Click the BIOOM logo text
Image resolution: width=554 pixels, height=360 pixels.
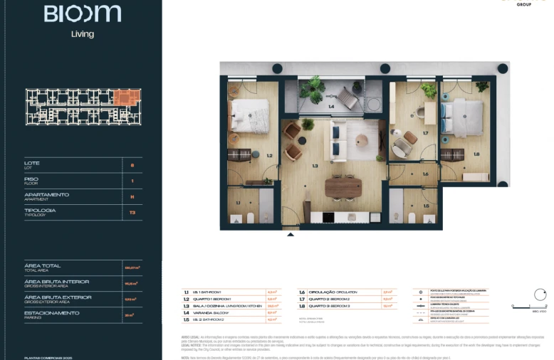click(82, 14)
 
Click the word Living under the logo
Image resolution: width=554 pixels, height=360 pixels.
click(82, 33)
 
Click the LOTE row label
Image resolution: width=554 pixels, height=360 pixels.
click(32, 164)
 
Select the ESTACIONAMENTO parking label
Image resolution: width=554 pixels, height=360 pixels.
click(51, 313)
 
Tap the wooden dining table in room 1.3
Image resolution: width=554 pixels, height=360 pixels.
click(343, 187)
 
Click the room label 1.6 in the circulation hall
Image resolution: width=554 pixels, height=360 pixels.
click(425, 174)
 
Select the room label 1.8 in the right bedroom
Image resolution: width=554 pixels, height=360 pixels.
click(476, 154)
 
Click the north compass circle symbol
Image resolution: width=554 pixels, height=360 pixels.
click(539, 295)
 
